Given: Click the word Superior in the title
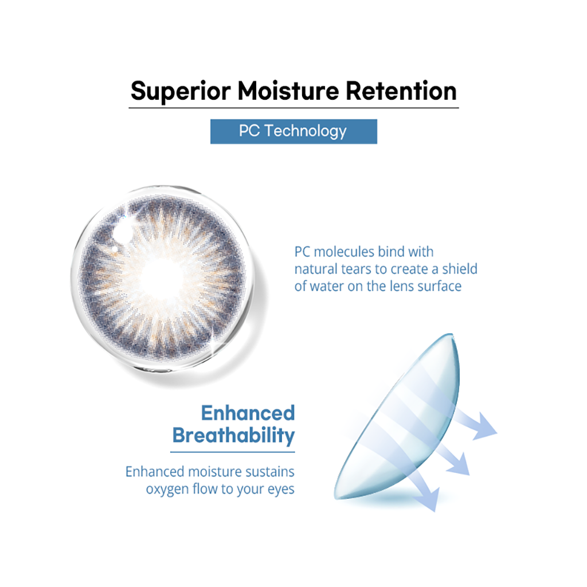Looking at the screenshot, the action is pyautogui.click(x=181, y=91).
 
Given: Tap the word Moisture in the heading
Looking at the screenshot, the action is pyautogui.click(x=288, y=91).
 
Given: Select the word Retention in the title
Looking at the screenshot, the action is pyautogui.click(x=401, y=91).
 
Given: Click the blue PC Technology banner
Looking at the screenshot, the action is pyautogui.click(x=293, y=131).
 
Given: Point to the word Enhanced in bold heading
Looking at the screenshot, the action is pyautogui.click(x=248, y=413).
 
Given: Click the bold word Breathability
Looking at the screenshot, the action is pyautogui.click(x=234, y=436).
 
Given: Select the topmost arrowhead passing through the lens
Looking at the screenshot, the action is pyautogui.click(x=486, y=426).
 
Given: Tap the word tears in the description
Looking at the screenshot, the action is pyautogui.click(x=358, y=269).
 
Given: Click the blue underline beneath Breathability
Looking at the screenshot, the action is pyautogui.click(x=233, y=452).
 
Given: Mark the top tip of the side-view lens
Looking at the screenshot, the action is pyautogui.click(x=452, y=334).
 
